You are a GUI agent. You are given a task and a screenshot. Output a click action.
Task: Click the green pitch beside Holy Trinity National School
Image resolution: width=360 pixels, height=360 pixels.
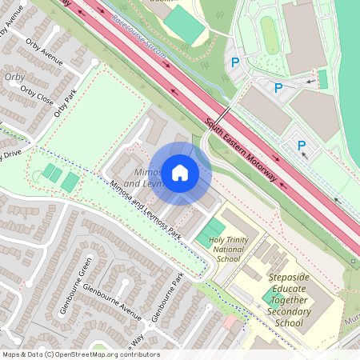pyautogui.click(x=212, y=227)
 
